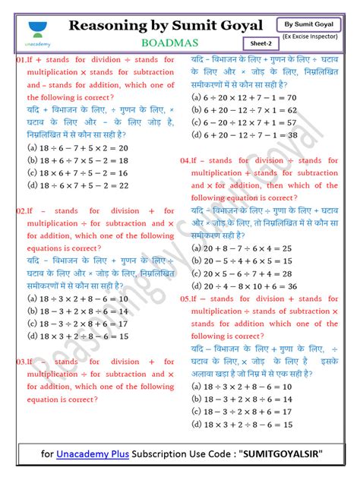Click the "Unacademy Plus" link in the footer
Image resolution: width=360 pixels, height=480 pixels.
[x=90, y=455]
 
